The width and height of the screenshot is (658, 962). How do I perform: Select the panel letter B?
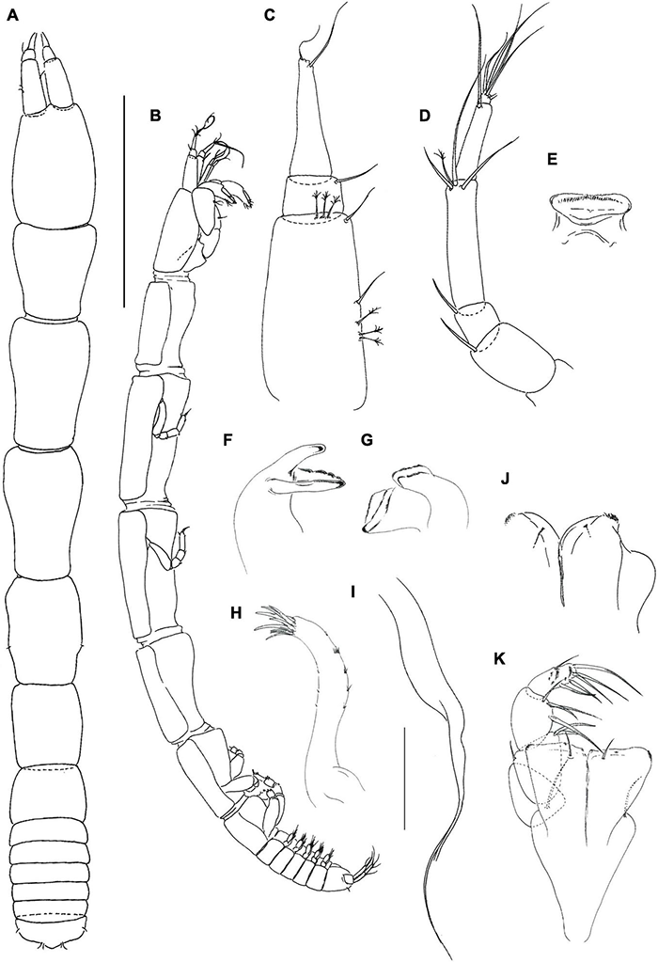point(156,114)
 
